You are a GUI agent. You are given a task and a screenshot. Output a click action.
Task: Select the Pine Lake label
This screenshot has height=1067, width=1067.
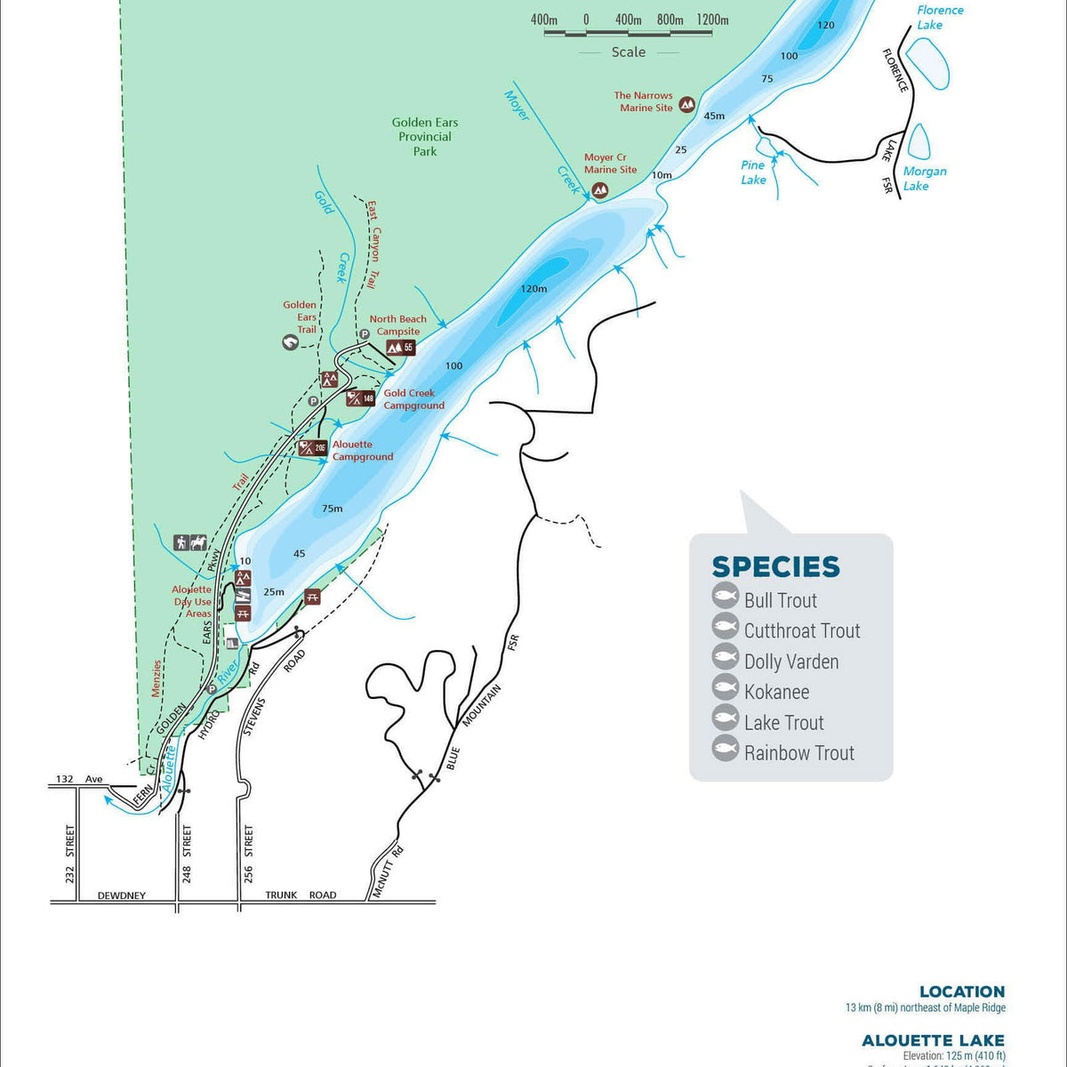pyautogui.click(x=753, y=172)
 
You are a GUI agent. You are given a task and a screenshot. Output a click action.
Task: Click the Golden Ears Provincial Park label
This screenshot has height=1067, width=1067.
pyautogui.click(x=425, y=137)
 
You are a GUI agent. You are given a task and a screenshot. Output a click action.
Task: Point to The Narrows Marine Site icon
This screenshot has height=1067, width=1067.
pyautogui.click(x=686, y=104)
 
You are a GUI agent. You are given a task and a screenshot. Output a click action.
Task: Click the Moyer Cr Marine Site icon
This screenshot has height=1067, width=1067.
pyautogui.click(x=600, y=189)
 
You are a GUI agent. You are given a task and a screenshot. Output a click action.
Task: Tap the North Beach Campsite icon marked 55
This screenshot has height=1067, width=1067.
pyautogui.click(x=400, y=348)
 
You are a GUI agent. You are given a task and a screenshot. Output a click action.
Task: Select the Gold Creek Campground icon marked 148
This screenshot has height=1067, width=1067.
pyautogui.click(x=360, y=398)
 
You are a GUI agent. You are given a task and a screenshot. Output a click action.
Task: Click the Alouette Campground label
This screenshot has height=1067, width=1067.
pyautogui.click(x=362, y=451)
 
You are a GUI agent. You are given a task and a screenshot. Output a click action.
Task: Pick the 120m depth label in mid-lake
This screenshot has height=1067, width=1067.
pyautogui.click(x=533, y=289)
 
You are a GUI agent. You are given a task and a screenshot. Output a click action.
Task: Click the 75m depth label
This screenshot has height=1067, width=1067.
pyautogui.click(x=332, y=509)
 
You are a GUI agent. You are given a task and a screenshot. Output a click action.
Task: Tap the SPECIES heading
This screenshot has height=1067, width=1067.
pyautogui.click(x=775, y=567)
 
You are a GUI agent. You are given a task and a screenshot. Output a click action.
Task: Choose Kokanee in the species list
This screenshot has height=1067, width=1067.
pyautogui.click(x=776, y=692)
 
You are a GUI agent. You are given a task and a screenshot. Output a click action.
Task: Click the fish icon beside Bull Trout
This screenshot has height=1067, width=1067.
pyautogui.click(x=726, y=597)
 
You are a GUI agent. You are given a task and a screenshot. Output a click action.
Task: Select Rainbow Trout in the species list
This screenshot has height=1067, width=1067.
pyautogui.click(x=798, y=753)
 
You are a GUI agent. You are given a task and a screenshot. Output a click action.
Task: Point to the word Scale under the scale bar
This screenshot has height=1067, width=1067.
pyautogui.click(x=628, y=52)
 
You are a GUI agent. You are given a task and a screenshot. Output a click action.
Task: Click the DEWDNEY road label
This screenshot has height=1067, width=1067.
pyautogui.click(x=121, y=895)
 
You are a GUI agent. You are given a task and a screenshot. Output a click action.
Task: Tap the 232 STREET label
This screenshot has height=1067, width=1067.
pyautogui.click(x=70, y=854)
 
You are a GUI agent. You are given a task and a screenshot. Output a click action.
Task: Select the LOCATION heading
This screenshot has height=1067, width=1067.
pyautogui.click(x=961, y=991)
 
